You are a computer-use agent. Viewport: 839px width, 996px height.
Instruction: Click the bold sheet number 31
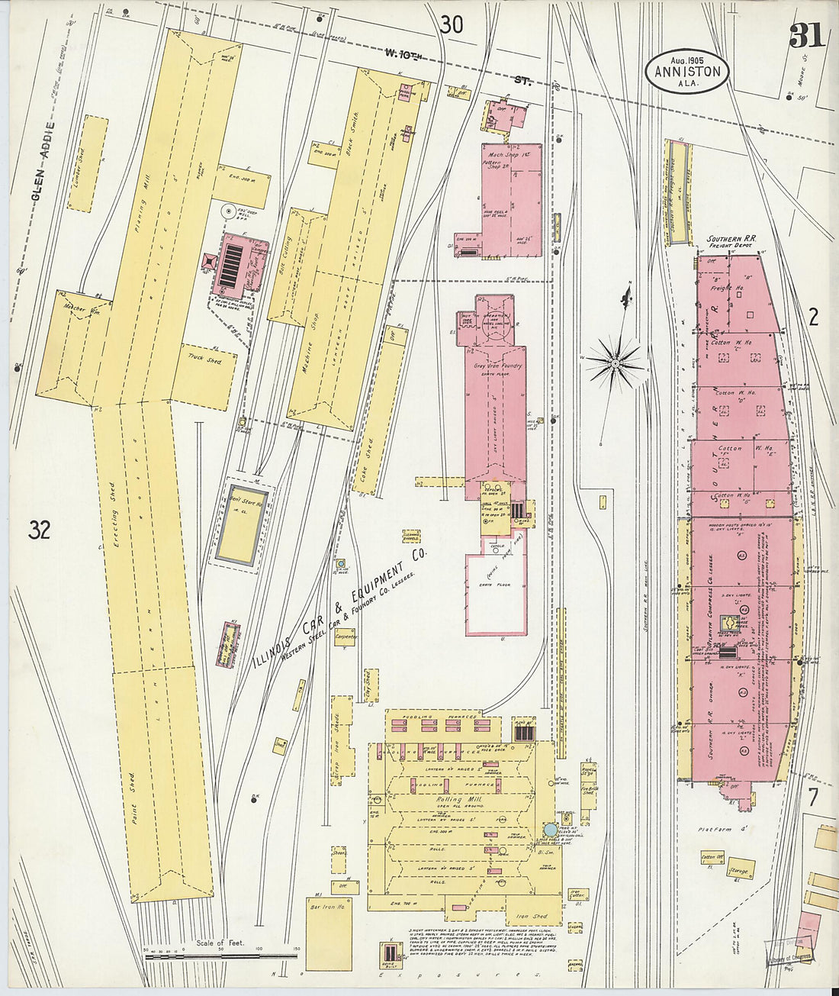(807, 35)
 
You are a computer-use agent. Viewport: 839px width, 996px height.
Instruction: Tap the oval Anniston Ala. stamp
(686, 71)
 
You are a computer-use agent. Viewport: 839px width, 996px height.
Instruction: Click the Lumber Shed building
(88, 164)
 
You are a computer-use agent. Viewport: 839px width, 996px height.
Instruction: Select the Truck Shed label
(203, 359)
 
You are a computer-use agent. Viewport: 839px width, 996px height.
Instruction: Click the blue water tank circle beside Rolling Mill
(550, 830)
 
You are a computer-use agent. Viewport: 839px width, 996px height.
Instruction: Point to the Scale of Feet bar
(221, 955)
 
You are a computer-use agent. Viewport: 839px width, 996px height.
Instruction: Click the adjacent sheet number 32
(40, 529)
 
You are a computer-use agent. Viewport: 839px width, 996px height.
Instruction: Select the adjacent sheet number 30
(451, 25)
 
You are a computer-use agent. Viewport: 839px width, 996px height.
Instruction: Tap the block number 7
(813, 798)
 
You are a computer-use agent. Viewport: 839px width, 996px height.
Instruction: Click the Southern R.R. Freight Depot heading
(730, 242)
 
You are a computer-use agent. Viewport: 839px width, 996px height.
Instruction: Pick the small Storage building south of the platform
(738, 870)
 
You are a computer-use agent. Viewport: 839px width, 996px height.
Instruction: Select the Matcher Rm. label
(76, 308)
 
